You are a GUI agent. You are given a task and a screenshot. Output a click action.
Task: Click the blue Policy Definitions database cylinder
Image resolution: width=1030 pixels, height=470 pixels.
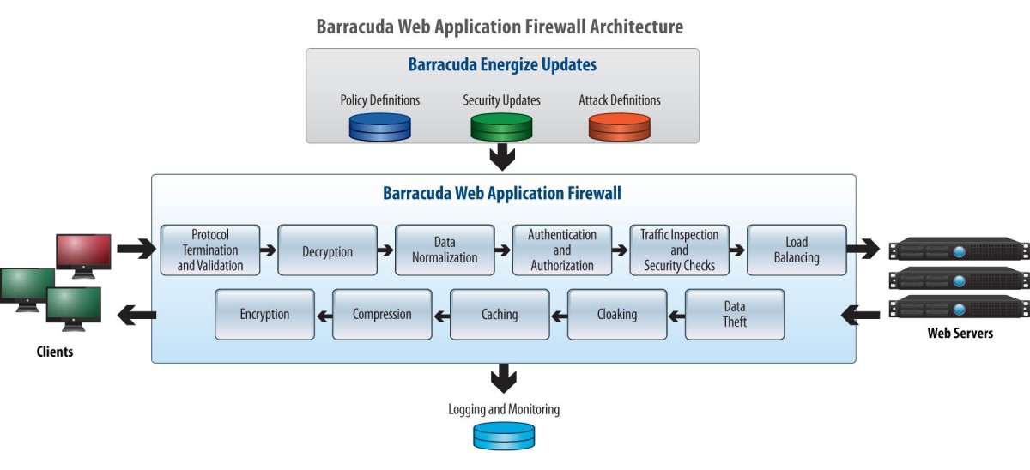tap(379, 127)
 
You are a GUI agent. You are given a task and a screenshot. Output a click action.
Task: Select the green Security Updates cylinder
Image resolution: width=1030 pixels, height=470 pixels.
tap(501, 127)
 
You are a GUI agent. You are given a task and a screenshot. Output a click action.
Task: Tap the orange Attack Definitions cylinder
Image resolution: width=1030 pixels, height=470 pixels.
tap(620, 127)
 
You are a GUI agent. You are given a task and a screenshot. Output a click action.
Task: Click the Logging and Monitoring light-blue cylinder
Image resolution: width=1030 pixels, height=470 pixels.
tap(504, 436)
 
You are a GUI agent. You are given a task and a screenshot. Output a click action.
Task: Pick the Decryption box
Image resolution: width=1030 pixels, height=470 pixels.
tap(327, 250)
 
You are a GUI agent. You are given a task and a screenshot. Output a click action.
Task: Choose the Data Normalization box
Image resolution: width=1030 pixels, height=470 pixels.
tap(445, 250)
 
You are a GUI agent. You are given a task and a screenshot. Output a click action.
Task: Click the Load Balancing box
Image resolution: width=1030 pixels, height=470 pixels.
tap(797, 250)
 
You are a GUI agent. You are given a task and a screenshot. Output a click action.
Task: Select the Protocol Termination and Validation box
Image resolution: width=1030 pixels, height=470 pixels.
tap(210, 250)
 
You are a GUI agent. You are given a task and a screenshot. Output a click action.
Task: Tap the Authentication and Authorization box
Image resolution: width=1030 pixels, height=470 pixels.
tap(562, 250)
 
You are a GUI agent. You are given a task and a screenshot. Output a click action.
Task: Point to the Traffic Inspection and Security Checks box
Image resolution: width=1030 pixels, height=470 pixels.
tap(679, 250)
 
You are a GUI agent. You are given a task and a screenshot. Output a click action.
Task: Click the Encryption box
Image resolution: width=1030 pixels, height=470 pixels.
tap(265, 314)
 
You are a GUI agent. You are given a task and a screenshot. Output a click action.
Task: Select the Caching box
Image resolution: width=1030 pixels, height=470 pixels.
tap(500, 314)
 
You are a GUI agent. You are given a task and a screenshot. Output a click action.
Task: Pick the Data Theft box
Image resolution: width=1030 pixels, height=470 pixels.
tap(735, 314)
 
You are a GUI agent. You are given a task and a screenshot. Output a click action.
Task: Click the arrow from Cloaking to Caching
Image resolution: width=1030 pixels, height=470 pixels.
tap(559, 316)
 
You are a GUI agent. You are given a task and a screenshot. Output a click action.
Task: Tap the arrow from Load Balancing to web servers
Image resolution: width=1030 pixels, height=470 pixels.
tap(863, 249)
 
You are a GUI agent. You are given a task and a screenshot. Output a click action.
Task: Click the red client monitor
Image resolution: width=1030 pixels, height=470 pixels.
tap(84, 256)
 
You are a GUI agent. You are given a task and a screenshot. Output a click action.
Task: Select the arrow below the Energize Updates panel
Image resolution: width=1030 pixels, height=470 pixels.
tap(502, 157)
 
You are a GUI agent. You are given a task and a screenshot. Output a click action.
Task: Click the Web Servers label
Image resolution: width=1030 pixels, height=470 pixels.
tap(960, 333)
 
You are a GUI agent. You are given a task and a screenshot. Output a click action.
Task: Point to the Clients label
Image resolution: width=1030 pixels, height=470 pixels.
tap(55, 352)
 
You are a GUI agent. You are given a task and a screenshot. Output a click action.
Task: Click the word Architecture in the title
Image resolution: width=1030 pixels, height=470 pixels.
tap(636, 27)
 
